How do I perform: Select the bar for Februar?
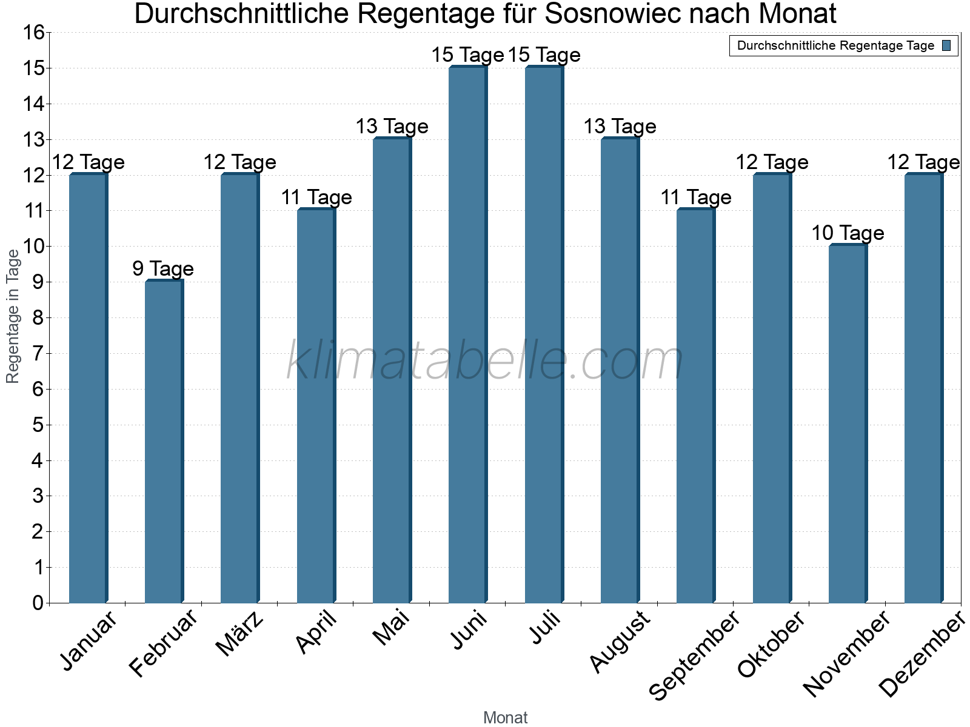(164, 442)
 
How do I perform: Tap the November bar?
(848, 424)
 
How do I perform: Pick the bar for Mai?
(392, 371)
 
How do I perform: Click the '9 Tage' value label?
(163, 268)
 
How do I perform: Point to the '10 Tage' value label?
(848, 233)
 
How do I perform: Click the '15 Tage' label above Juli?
(544, 55)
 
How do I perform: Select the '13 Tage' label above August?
(620, 126)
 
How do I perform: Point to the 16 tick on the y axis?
(35, 33)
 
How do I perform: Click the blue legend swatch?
(946, 45)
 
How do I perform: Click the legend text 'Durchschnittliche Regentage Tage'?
(835, 45)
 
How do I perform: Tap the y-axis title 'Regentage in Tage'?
(13, 316)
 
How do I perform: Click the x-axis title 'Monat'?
(505, 717)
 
